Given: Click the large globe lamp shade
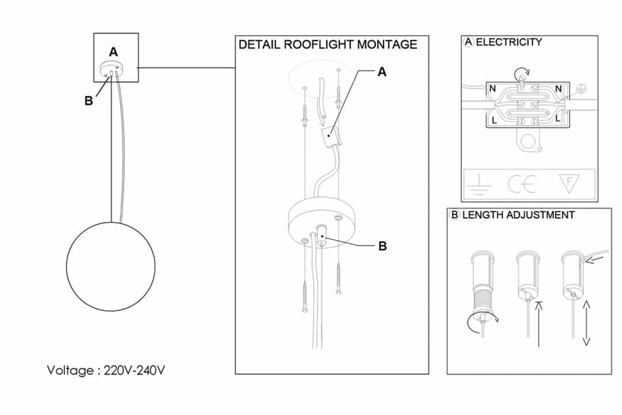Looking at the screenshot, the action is coord(111,266).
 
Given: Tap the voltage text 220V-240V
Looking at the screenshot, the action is coord(134,370).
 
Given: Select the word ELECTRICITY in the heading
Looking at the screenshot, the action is coord(509,42).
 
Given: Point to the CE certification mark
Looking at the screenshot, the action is coord(522,184).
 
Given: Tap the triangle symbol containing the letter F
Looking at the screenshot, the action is coord(569,183).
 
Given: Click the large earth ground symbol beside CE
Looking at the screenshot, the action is coord(479,184).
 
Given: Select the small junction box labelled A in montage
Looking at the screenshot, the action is coord(331,137).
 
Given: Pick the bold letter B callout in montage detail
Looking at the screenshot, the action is coord(382,246).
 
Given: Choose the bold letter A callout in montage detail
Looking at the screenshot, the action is coord(382,72).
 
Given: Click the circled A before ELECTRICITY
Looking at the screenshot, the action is coord(469,41).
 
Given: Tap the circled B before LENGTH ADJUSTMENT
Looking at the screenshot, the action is coord(454,215).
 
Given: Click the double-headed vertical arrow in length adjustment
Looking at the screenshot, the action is coord(586,323).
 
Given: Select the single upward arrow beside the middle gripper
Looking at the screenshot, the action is coord(538,325).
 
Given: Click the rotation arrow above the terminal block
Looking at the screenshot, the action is coord(522,73).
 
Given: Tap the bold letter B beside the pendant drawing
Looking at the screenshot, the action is coord(89,101).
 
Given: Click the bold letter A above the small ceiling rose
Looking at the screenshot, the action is coord(113,52).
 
